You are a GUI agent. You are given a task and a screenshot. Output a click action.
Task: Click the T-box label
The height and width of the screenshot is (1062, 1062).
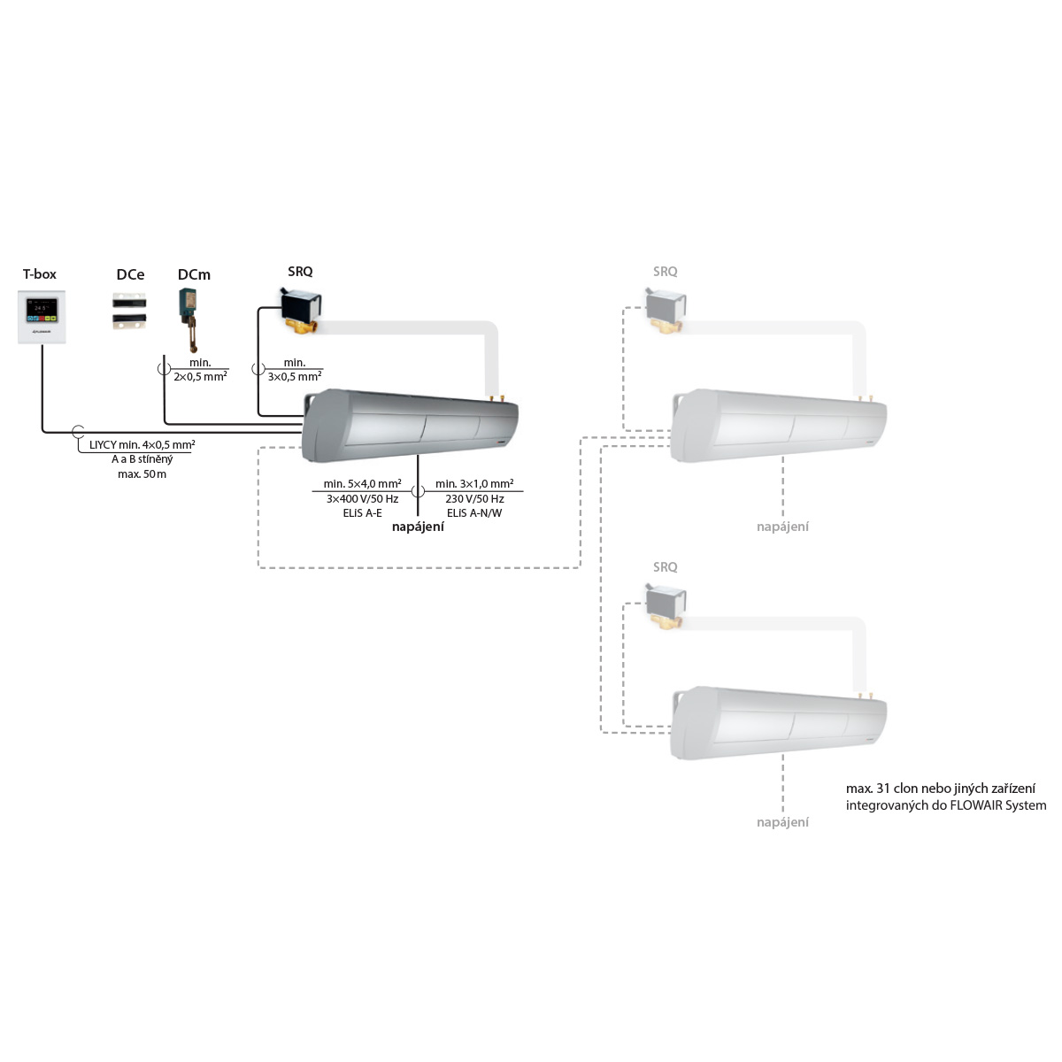coord(40,273)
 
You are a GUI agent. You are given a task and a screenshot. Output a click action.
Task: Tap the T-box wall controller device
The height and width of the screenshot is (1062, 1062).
coord(42,317)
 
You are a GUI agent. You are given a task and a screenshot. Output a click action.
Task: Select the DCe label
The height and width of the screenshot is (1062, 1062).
coord(131,274)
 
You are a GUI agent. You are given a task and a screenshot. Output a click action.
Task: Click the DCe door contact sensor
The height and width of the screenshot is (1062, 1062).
coord(129,311)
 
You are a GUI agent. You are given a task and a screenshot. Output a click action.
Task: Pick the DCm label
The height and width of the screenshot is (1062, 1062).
coord(194,274)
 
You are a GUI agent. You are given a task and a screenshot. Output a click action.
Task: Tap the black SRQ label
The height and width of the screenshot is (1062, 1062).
coord(300,271)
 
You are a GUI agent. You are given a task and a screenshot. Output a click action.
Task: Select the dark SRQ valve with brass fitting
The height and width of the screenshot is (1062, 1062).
coord(300,312)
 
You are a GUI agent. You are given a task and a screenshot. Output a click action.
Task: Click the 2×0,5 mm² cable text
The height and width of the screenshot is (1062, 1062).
coord(201,377)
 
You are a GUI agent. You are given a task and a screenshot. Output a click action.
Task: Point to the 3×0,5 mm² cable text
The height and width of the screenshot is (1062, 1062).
coord(295,377)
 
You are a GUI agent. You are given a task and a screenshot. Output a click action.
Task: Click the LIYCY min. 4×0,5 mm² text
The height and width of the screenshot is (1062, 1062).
coord(142,445)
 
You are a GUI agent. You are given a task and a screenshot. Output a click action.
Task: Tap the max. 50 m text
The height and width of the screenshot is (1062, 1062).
coord(142,474)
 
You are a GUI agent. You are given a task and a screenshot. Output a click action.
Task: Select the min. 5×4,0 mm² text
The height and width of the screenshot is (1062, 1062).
coord(362,483)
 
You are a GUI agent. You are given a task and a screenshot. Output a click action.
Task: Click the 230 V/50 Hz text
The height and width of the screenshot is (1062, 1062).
coord(475,499)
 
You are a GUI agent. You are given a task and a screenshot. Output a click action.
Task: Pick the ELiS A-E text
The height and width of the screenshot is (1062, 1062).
coord(362,513)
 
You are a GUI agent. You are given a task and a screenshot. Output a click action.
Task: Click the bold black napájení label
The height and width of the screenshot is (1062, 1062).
coord(418,527)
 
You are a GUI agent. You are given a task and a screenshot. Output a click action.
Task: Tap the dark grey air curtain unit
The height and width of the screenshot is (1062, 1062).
coord(410,426)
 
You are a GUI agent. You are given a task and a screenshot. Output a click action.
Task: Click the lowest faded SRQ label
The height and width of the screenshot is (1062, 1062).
coord(666,566)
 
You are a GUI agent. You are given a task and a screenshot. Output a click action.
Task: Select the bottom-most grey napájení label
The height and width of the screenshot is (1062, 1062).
coord(782,822)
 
